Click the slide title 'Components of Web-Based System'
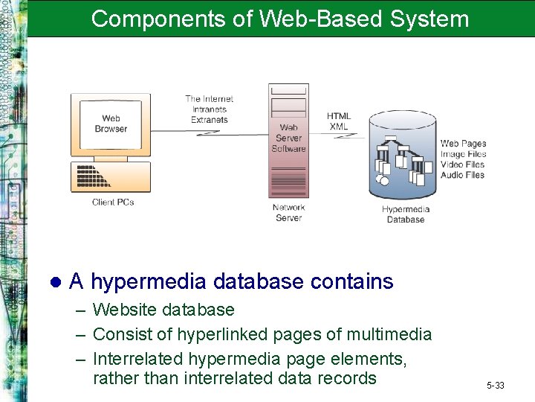(x=280, y=19)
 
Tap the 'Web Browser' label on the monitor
(x=111, y=124)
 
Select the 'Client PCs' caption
(x=113, y=202)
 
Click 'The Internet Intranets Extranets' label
(x=209, y=109)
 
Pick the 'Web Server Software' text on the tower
(x=288, y=138)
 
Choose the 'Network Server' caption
(x=288, y=213)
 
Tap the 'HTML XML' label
(x=339, y=121)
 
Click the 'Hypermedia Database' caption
(x=406, y=214)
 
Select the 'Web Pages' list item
(x=463, y=144)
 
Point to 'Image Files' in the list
(x=462, y=154)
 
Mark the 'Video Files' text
(x=462, y=165)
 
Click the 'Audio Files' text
(x=462, y=175)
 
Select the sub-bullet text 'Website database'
(x=163, y=310)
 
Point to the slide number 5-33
(x=496, y=385)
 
